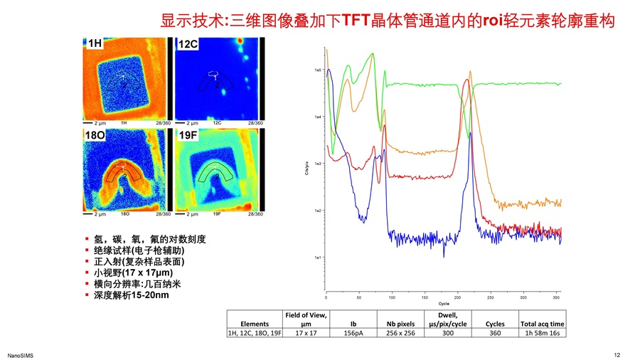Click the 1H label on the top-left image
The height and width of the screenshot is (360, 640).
(x=95, y=43)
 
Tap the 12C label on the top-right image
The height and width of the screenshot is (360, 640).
(x=188, y=44)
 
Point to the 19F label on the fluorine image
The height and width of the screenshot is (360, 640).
(x=188, y=134)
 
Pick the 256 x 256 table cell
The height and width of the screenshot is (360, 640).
(x=401, y=332)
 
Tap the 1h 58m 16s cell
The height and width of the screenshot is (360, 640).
(x=543, y=332)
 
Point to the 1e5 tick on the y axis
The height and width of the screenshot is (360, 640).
(x=318, y=70)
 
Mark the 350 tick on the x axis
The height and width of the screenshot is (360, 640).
(x=556, y=296)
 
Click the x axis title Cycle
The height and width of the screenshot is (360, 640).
(x=443, y=304)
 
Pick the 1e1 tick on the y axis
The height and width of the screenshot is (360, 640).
(x=318, y=257)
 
